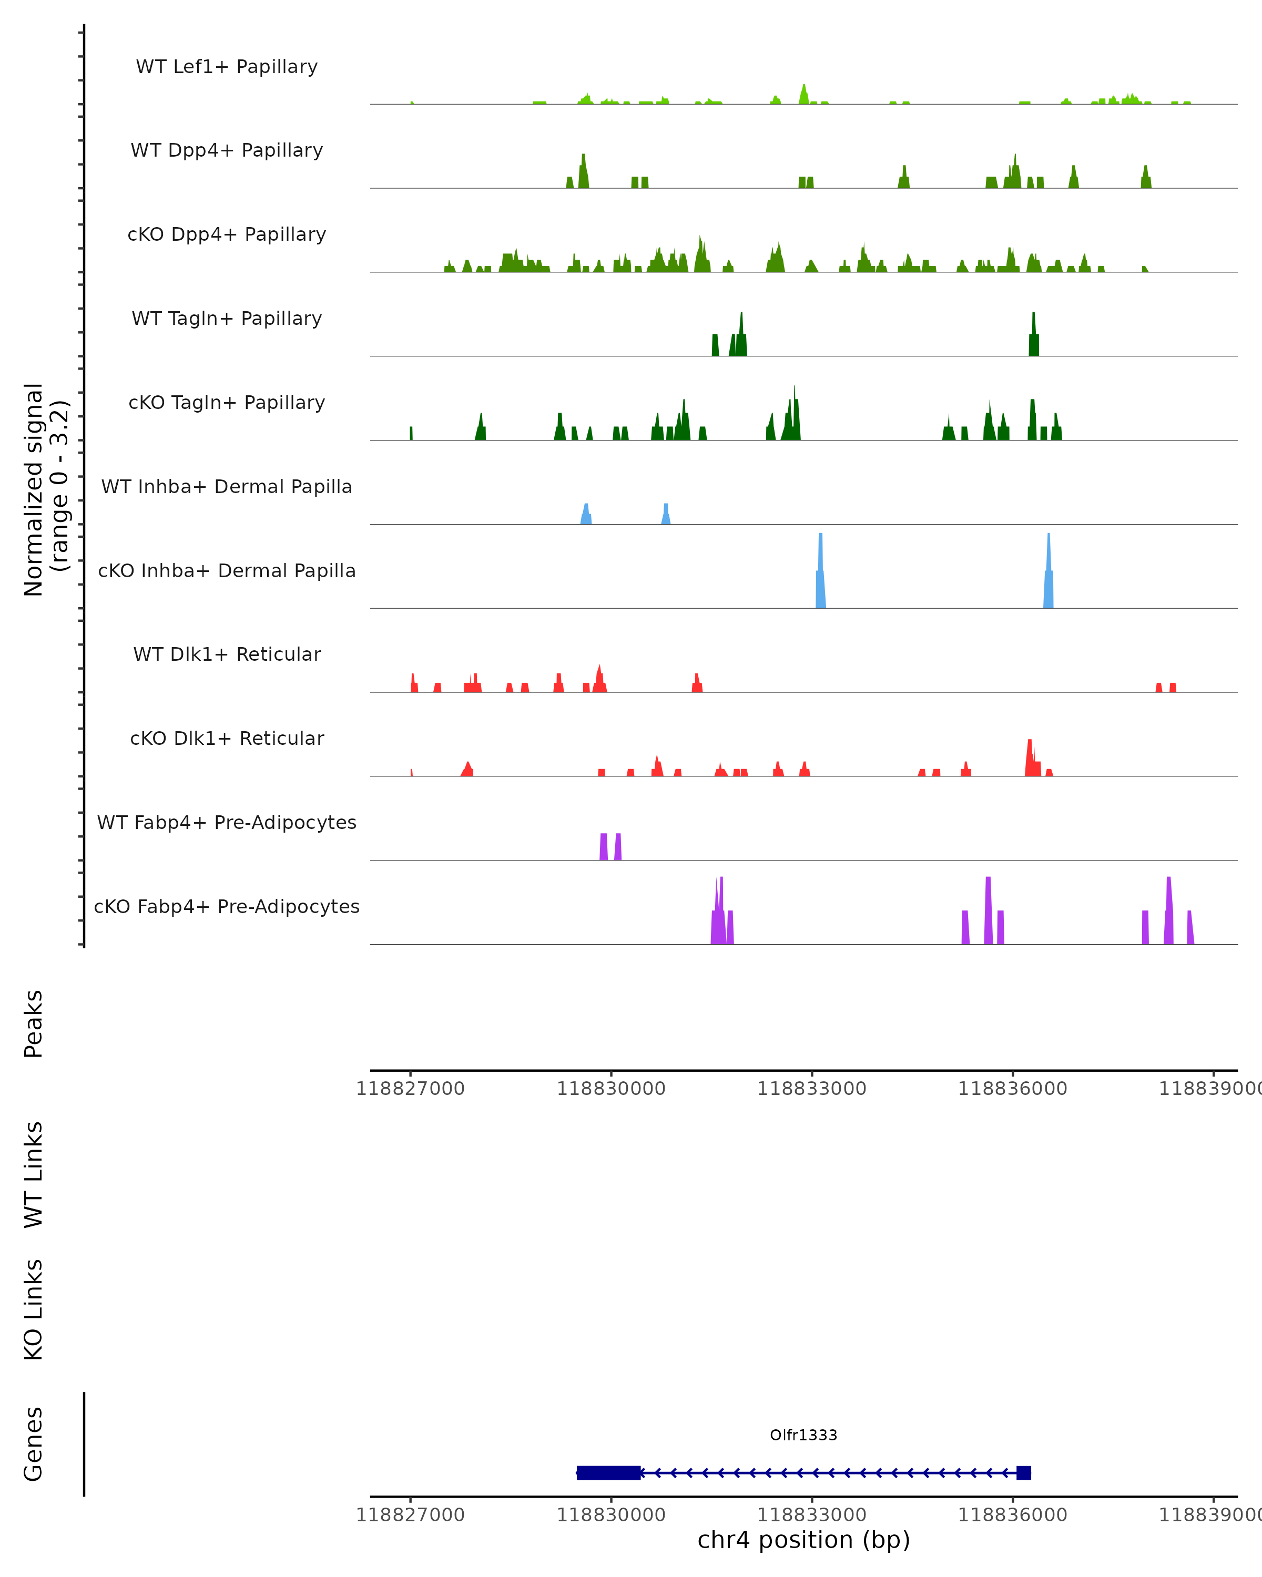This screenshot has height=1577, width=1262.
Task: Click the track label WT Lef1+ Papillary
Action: pyautogui.click(x=227, y=67)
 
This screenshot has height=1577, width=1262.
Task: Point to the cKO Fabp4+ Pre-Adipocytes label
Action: pyautogui.click(x=227, y=906)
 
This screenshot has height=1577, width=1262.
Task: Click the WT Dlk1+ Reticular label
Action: pyautogui.click(x=227, y=654)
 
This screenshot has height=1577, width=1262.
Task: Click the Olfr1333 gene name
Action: pyautogui.click(x=803, y=1435)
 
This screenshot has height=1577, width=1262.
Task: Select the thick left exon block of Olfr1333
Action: pyautogui.click(x=609, y=1473)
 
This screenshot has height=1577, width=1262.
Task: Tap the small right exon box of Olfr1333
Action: pyautogui.click(x=1023, y=1473)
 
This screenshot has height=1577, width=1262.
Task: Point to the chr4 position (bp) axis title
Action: pyautogui.click(x=803, y=1540)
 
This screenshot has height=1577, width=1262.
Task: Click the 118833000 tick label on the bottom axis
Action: pyautogui.click(x=811, y=1515)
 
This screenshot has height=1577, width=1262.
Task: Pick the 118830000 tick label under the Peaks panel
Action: pyautogui.click(x=611, y=1089)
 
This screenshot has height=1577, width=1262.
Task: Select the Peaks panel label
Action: pyautogui.click(x=34, y=1024)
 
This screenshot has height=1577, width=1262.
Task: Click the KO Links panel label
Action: pyautogui.click(x=34, y=1309)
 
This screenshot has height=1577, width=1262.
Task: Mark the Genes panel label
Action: pyautogui.click(x=34, y=1444)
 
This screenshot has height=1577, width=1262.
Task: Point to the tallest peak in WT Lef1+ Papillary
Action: pyautogui.click(x=803, y=94)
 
